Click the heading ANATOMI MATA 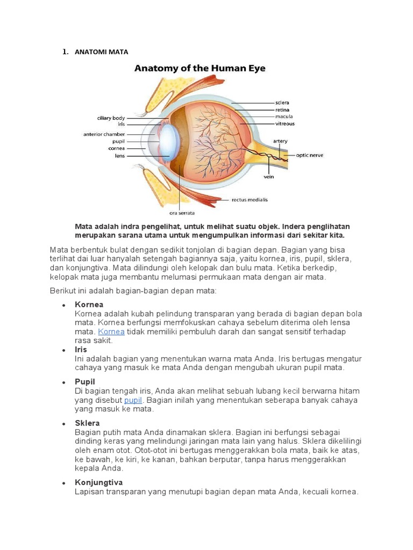101,52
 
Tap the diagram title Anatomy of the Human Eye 200,69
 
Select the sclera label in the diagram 282,102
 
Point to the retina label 282,110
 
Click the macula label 283,116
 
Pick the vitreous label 284,123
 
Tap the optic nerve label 310,156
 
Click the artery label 280,141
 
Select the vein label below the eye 269,175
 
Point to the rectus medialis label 250,200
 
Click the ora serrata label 182,213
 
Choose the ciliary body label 111,118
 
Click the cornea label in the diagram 116,148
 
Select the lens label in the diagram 119,156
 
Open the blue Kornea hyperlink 111,332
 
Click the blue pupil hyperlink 133,400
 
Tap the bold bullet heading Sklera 87,423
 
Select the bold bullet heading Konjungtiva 99,482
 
